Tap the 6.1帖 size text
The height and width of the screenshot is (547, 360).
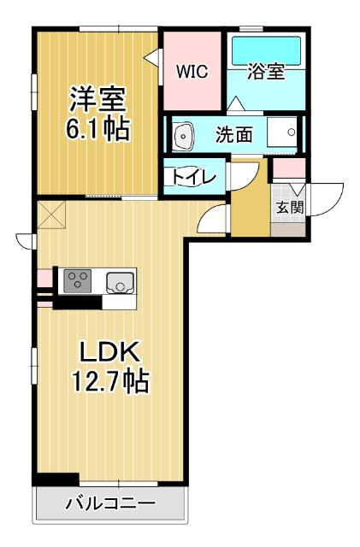pyautogui.click(x=97, y=130)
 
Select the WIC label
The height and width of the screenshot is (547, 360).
pyautogui.click(x=192, y=72)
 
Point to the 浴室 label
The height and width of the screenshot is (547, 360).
pyautogui.click(x=266, y=72)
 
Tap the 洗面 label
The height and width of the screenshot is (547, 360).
pyautogui.click(x=233, y=134)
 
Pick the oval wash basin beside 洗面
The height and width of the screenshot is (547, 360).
pyautogui.click(x=184, y=135)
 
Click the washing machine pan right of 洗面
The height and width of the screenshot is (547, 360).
pyautogui.click(x=283, y=133)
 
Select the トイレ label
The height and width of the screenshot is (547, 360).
pyautogui.click(x=194, y=177)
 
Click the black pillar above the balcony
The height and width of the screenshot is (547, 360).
pyautogui.click(x=56, y=479)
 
